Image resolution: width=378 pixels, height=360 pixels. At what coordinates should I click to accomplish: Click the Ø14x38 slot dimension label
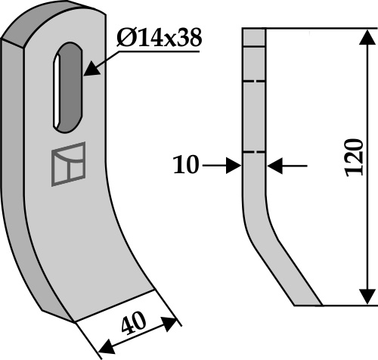(160, 38)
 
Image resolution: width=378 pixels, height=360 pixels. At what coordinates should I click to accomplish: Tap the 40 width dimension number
(133, 324)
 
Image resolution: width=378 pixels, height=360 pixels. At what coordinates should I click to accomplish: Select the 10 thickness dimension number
(186, 165)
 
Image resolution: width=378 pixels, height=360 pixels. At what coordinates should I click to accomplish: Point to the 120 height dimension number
(355, 157)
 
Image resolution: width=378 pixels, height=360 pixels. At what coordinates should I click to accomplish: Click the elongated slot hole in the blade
(68, 88)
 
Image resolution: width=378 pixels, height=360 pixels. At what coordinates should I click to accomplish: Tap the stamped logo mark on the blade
(68, 164)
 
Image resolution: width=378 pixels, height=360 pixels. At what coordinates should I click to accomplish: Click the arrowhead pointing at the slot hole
(91, 69)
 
